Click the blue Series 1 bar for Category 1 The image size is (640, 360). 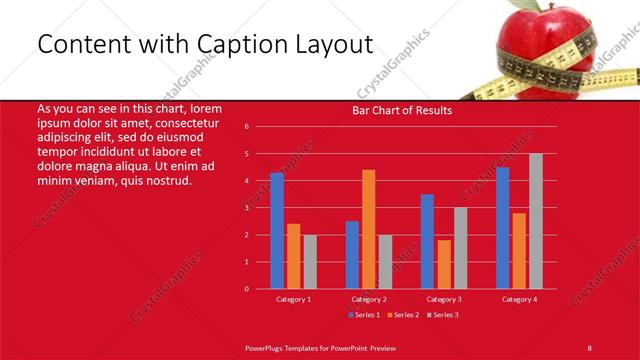[x=277, y=231]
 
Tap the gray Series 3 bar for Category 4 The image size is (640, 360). [x=536, y=221]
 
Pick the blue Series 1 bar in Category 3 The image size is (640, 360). [x=427, y=241]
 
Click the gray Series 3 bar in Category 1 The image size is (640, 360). [x=310, y=262]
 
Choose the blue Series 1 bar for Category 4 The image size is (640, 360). [x=502, y=228]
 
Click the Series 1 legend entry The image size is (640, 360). [x=366, y=315]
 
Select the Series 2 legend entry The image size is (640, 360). [x=402, y=315]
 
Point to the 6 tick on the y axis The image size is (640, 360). [x=246, y=127]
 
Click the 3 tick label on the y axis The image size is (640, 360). [x=246, y=208]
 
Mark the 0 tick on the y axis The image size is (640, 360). [x=246, y=289]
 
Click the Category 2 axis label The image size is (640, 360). [x=368, y=299]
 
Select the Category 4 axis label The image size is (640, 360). [x=519, y=299]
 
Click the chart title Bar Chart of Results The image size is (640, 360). [x=402, y=110]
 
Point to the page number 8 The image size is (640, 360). [x=589, y=347]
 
